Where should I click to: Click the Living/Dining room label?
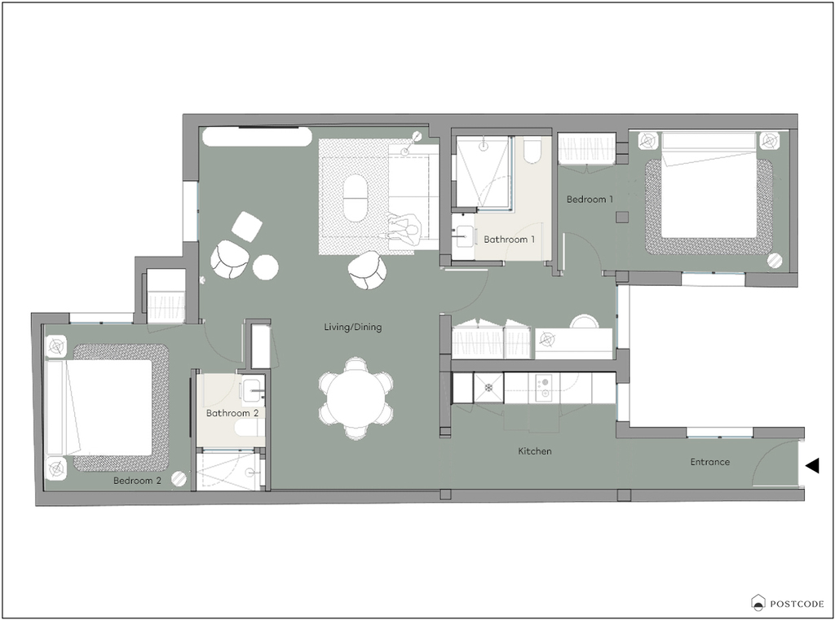[x=352, y=327]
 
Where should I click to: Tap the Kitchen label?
[x=535, y=451]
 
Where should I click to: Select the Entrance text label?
[x=710, y=461]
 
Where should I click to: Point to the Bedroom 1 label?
[x=590, y=199]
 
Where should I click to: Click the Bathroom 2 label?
[x=232, y=412]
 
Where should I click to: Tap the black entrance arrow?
[x=812, y=466]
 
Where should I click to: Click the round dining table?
[x=356, y=398]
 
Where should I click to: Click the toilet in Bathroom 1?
[x=532, y=150]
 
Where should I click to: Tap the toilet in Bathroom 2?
[x=250, y=427]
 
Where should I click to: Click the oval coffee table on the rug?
[x=355, y=198]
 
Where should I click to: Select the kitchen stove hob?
[x=544, y=388]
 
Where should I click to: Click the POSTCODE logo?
[x=788, y=603]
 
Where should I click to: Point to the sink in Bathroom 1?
[x=464, y=236]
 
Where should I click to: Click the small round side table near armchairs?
[x=265, y=267]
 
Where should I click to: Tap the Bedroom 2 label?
[x=137, y=480]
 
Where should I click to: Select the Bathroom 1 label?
[x=509, y=239]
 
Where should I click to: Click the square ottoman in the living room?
[x=246, y=226]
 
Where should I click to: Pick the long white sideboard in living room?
[x=257, y=136]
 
